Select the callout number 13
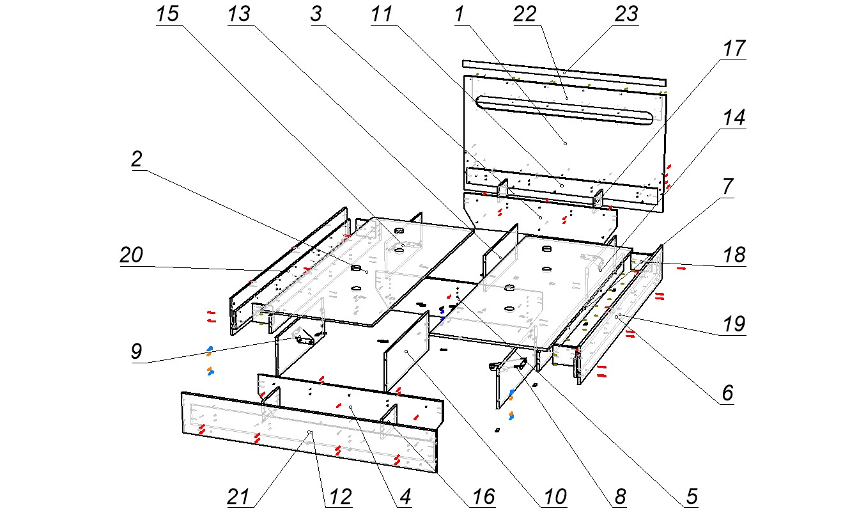[x=240, y=15]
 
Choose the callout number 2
[x=136, y=160]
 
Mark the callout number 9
[x=136, y=352]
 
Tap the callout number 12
[x=339, y=496]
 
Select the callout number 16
[x=483, y=496]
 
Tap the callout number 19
[x=734, y=325]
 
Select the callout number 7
[x=728, y=187]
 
